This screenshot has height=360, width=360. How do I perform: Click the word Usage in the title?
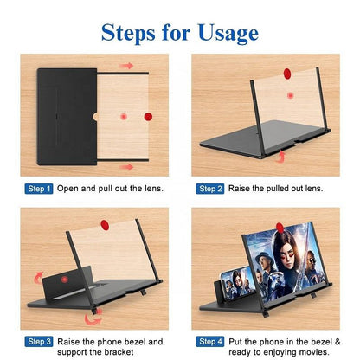pyautogui.click(x=216, y=32)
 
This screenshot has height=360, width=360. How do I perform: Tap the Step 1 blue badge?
pyautogui.click(x=40, y=188)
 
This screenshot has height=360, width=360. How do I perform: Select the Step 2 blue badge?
pyautogui.click(x=211, y=188)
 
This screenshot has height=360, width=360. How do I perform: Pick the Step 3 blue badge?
pyautogui.click(x=40, y=341)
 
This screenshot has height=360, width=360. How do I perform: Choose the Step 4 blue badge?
pyautogui.click(x=211, y=341)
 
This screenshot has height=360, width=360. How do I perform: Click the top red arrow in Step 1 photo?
pyautogui.click(x=126, y=66)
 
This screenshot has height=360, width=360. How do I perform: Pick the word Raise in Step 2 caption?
pyautogui.click(x=242, y=188)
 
